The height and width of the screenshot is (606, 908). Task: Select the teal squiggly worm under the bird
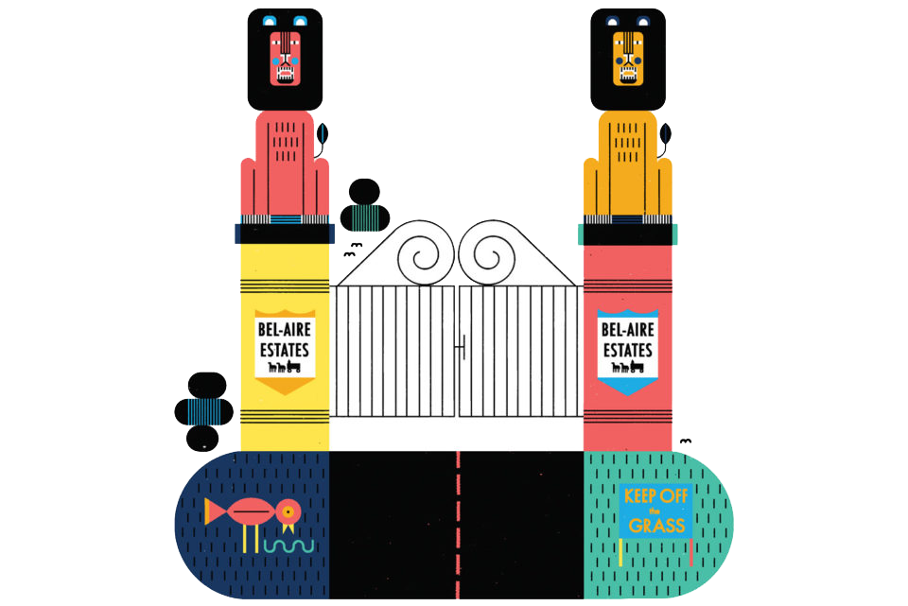point(287,546)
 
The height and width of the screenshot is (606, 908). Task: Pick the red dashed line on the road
point(459,520)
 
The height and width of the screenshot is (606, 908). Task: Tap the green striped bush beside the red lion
point(363,216)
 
